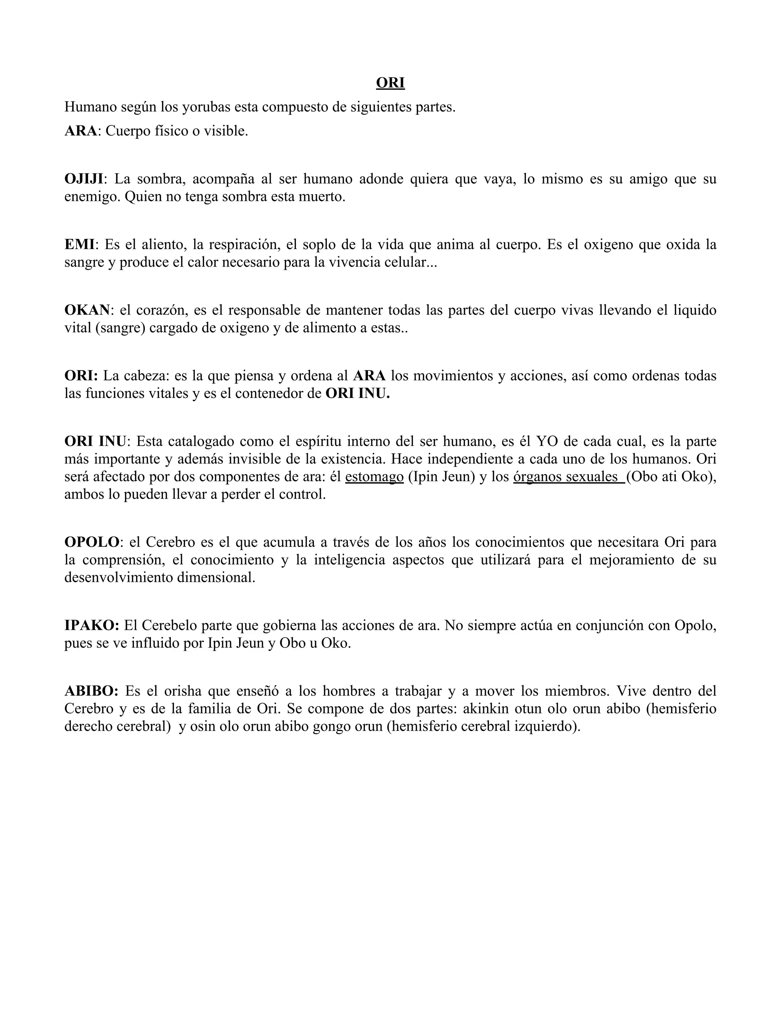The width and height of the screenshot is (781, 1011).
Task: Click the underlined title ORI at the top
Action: [390, 83]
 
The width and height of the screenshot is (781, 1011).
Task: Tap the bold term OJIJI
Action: [84, 179]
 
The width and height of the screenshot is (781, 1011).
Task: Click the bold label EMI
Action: [79, 245]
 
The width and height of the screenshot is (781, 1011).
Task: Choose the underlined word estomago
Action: [374, 477]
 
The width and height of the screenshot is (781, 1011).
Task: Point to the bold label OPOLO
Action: [92, 542]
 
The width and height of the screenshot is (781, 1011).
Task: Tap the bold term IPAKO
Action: [92, 625]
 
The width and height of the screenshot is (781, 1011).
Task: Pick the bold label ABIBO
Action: [91, 691]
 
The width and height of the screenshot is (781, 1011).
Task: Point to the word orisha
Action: [183, 691]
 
